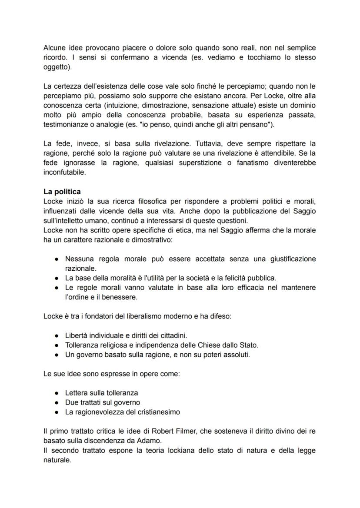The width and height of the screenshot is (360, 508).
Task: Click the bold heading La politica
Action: click(x=62, y=192)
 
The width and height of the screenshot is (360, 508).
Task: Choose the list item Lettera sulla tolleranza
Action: click(x=101, y=393)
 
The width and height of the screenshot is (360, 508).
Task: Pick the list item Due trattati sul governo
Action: click(x=102, y=402)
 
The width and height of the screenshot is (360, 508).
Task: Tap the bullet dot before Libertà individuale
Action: click(x=57, y=335)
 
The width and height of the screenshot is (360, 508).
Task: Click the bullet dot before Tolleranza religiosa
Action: click(x=57, y=345)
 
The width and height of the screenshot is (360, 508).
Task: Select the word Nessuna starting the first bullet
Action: click(x=80, y=259)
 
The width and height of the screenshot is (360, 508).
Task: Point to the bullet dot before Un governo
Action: click(x=57, y=355)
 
